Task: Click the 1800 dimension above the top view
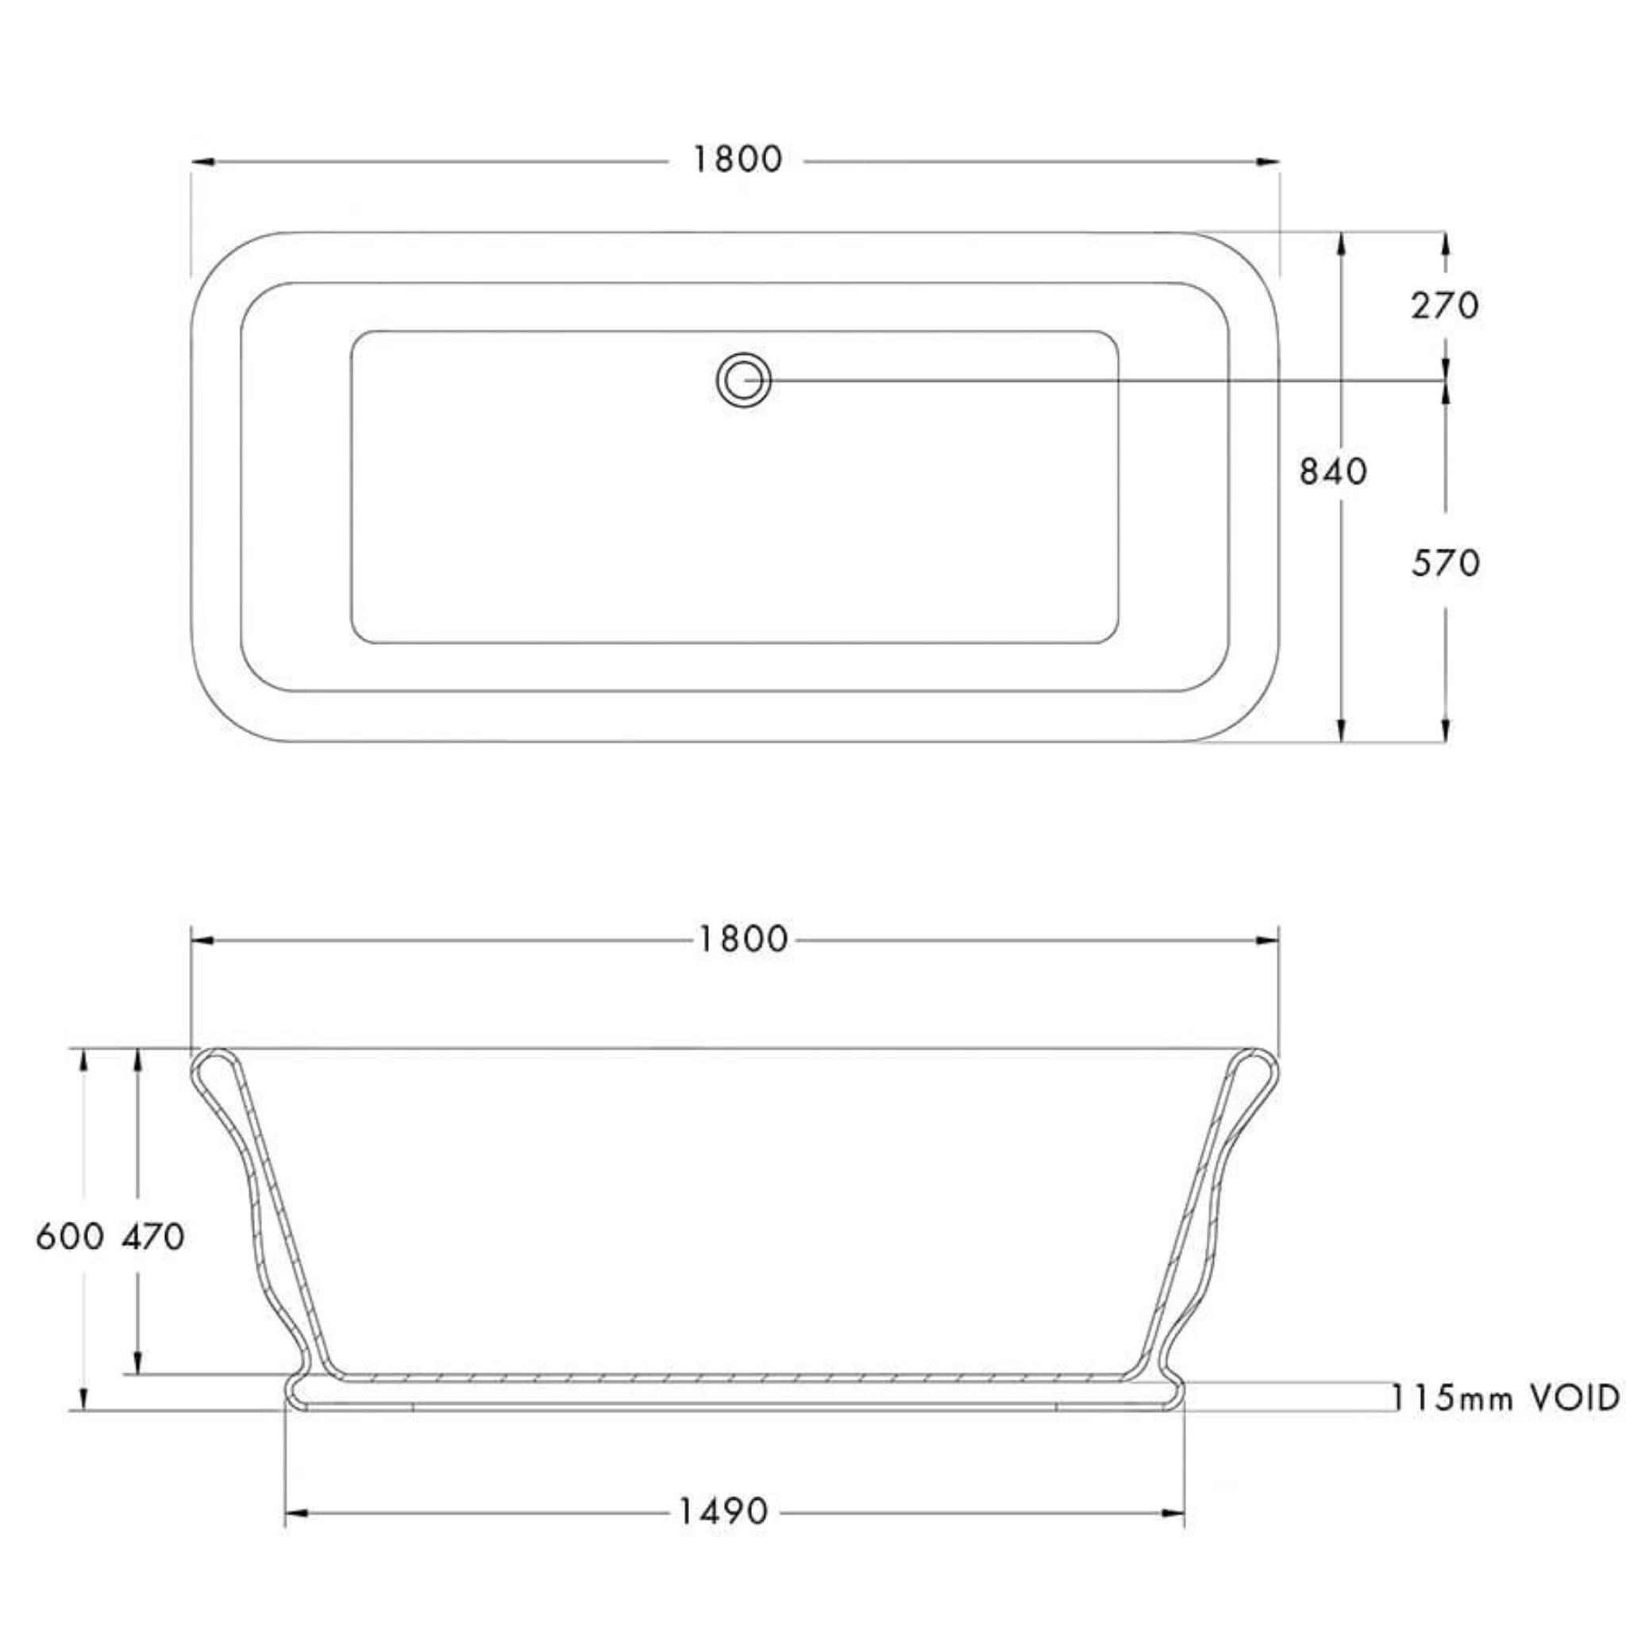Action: click(x=738, y=160)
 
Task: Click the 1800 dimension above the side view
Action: click(x=742, y=939)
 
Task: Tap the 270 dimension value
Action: click(x=1444, y=306)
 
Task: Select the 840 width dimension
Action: click(x=1333, y=472)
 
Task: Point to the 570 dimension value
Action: click(x=1445, y=563)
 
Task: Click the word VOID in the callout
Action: click(x=1573, y=1398)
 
